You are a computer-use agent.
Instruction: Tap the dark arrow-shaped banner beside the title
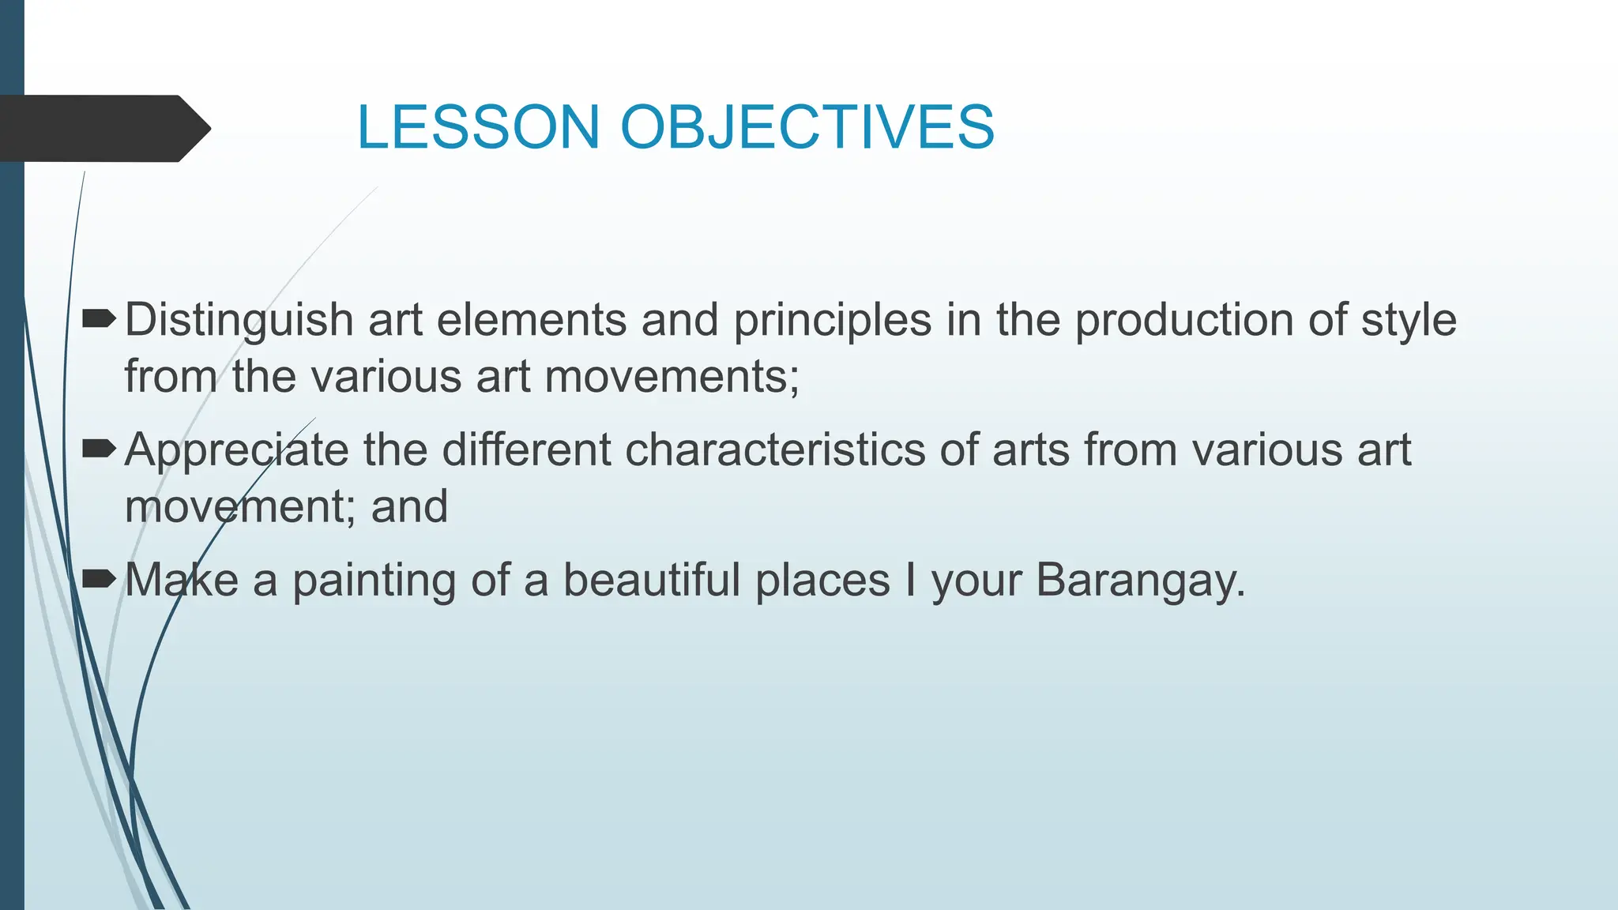click(x=103, y=128)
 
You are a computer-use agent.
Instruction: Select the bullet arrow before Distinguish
click(x=100, y=319)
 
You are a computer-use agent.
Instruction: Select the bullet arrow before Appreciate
click(x=100, y=449)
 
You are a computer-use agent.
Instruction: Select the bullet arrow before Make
click(x=100, y=579)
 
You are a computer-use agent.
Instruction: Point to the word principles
click(x=833, y=321)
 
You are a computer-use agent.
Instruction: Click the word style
click(x=1409, y=321)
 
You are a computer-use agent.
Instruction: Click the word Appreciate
click(x=236, y=451)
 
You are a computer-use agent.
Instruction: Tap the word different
click(x=526, y=449)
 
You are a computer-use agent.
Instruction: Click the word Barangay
click(x=1140, y=581)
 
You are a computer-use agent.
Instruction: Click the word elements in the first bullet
click(x=532, y=321)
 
